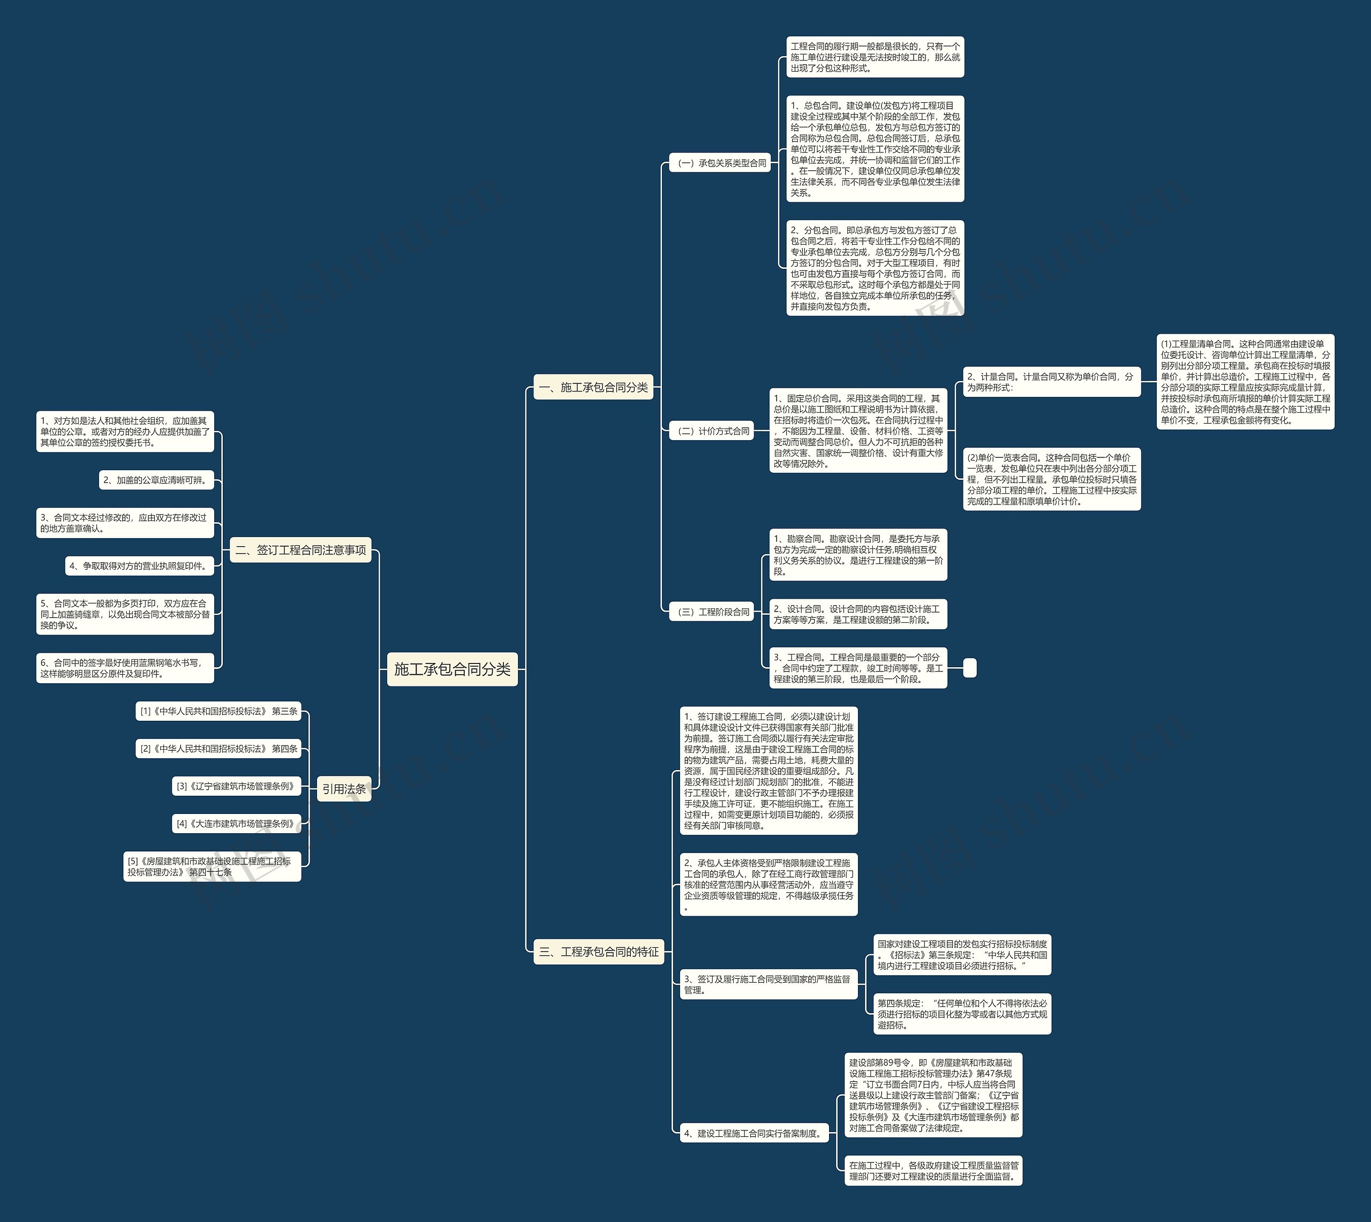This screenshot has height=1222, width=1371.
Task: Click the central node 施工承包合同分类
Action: pos(452,669)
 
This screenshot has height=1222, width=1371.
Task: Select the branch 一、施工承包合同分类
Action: pos(593,387)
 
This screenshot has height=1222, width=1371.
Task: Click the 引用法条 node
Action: pos(344,789)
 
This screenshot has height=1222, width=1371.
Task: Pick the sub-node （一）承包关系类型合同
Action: pos(720,163)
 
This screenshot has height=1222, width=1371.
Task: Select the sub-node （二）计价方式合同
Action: pos(712,431)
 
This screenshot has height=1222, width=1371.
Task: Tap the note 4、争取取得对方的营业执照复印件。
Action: pos(140,566)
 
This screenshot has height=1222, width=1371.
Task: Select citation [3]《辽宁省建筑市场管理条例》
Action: pos(236,786)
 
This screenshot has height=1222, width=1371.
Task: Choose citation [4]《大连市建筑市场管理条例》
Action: pos(236,824)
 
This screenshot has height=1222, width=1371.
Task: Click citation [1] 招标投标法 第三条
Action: pos(218,711)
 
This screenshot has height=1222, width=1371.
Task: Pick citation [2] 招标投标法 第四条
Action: pos(218,749)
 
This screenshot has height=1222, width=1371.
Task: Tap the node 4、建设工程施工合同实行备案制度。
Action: pos(754,1133)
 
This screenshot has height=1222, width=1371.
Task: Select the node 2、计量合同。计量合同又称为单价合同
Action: pos(1051,382)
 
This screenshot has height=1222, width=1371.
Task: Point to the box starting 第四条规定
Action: pos(962,1014)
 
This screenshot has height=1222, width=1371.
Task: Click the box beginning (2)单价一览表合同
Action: pos(1051,479)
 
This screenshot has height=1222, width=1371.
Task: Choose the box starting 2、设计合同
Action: pos(858,614)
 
